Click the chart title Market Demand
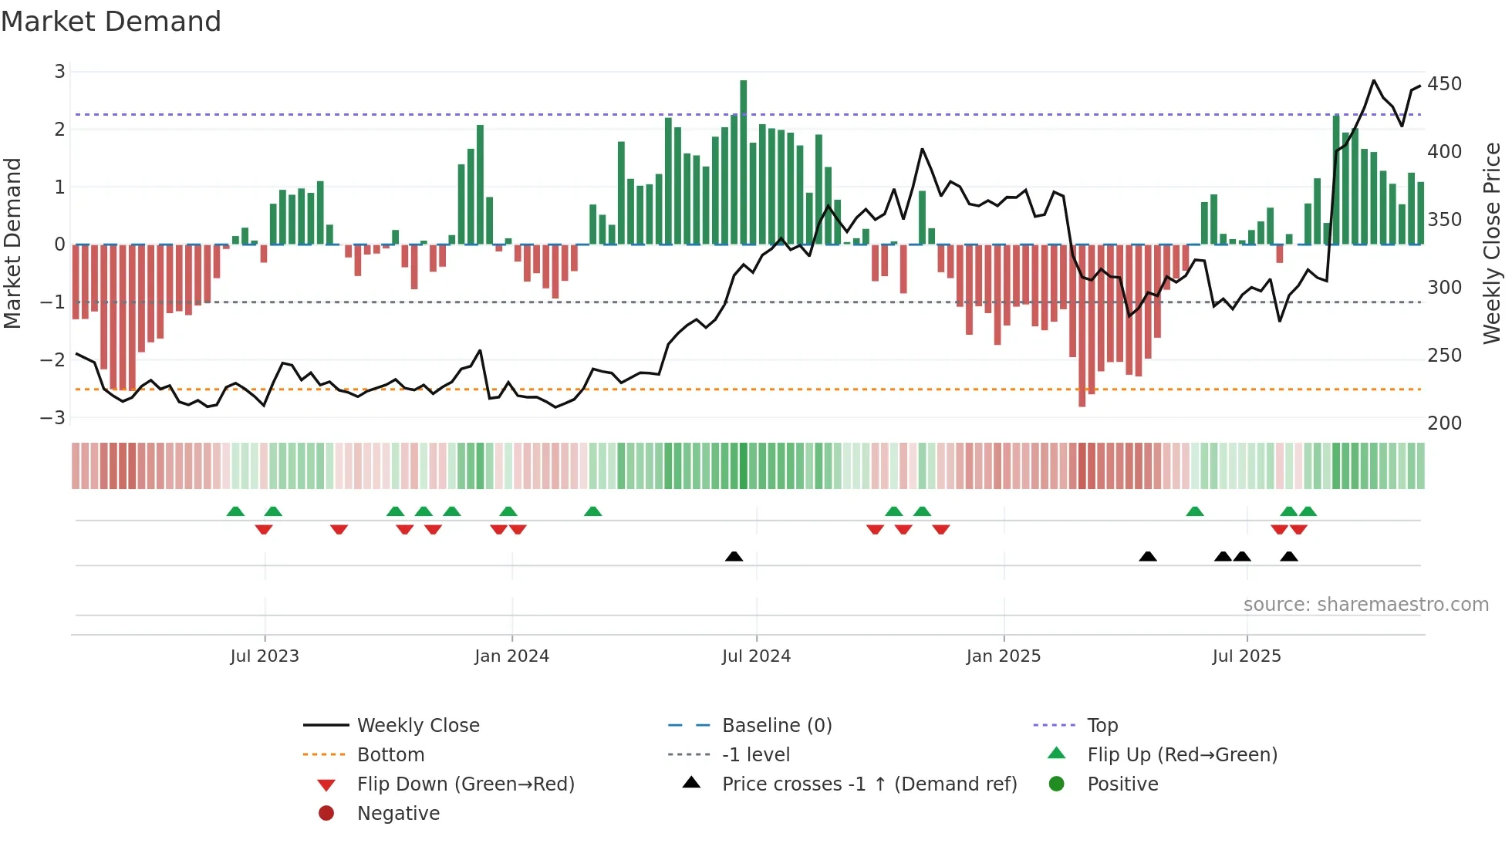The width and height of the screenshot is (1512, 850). coord(111,22)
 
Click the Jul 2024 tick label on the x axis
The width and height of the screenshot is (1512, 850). coord(756,656)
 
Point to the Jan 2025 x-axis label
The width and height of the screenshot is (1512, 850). coord(1003,656)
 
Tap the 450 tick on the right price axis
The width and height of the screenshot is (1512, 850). coord(1444,84)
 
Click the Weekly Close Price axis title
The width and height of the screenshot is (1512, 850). coord(1492,243)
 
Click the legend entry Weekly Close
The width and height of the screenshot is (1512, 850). coord(417,726)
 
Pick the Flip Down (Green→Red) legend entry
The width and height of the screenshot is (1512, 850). coord(465,784)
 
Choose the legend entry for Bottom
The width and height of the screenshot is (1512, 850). coord(390,755)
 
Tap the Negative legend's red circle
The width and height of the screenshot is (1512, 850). coord(326,814)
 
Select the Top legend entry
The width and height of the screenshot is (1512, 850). coord(1102,726)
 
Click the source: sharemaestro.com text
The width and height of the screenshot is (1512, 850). coord(1365,605)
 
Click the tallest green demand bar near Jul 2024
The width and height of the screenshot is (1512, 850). coord(743,162)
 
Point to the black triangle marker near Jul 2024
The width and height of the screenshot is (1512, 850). coord(734,557)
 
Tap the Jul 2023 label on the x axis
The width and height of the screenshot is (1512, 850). coord(264,656)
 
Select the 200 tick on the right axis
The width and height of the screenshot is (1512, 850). coord(1444,423)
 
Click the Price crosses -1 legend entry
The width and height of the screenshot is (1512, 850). coord(869,784)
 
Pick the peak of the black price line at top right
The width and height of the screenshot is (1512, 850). coord(1374,81)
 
